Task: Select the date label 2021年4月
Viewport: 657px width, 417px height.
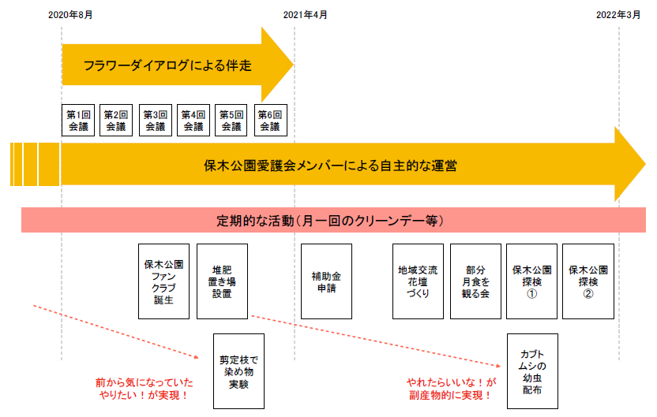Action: point(305,15)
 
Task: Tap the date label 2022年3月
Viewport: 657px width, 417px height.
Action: point(618,15)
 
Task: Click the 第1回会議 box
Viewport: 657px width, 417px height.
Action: point(78,120)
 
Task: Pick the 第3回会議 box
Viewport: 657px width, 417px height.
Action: point(155,120)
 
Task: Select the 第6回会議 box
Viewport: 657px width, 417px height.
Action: point(270,120)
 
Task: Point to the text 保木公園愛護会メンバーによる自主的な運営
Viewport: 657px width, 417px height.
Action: point(330,166)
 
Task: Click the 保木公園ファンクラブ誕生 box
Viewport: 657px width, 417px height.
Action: point(163,281)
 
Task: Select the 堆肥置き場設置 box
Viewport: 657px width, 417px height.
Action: point(222,281)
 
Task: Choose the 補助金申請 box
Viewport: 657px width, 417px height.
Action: point(326,281)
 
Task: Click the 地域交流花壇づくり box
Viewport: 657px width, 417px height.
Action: point(419,281)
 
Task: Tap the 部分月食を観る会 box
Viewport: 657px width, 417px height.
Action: point(475,281)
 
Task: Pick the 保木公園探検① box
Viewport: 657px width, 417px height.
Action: point(531,281)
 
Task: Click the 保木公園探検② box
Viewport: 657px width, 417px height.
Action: point(588,281)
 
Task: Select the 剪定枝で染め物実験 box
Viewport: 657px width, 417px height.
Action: point(239,370)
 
